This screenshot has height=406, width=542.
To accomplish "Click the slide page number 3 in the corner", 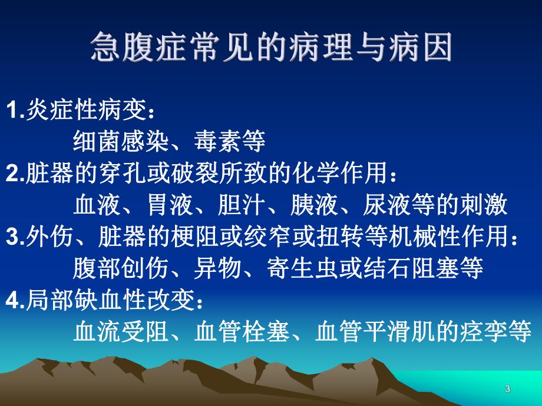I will click(507, 388).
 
